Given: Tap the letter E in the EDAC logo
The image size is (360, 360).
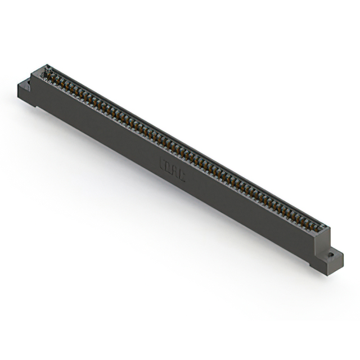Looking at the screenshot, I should tap(164, 165).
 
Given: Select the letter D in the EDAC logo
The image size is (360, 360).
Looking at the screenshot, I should tap(169, 168).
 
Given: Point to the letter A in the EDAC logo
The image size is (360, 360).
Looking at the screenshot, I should tap(175, 171).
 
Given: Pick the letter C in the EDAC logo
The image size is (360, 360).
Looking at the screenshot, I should tap(182, 174).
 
